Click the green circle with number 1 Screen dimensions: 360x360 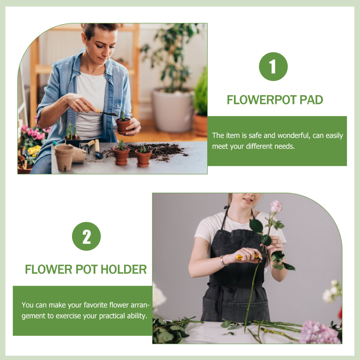(273, 67)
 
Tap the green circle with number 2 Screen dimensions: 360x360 (86, 236)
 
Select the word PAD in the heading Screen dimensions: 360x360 (311, 100)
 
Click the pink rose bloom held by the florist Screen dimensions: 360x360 (276, 207)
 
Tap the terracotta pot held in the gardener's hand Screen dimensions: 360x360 (123, 125)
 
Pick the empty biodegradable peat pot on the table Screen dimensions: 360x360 (64, 157)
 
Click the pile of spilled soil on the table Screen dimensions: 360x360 (162, 150)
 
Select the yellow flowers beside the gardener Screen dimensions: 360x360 (34, 150)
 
